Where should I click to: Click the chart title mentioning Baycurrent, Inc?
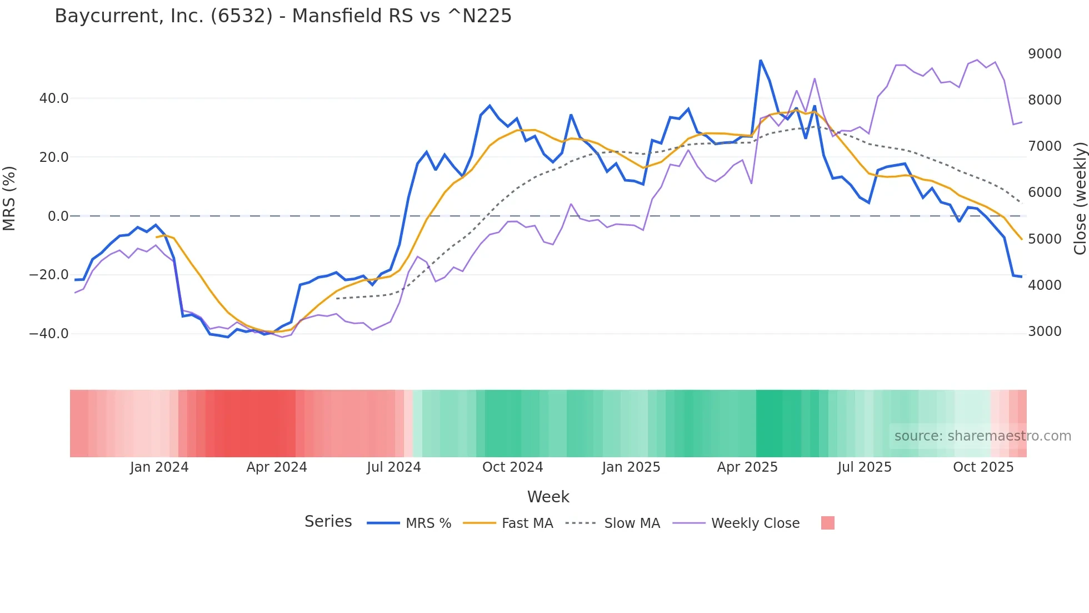click(x=283, y=16)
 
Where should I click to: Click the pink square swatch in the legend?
click(x=827, y=523)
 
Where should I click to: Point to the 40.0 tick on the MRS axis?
click(x=54, y=98)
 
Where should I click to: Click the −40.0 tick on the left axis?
click(x=49, y=334)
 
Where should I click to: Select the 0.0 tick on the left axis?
click(x=58, y=216)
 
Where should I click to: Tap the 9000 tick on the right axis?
click(x=1045, y=54)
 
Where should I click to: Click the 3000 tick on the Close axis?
click(x=1045, y=332)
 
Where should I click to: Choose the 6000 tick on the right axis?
click(x=1045, y=192)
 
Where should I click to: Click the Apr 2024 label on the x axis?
click(x=277, y=467)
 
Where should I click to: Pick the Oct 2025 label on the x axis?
click(x=983, y=467)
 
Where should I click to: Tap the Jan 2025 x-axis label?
click(x=631, y=467)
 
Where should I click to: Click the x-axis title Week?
click(x=548, y=497)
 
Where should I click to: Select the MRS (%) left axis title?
click(x=9, y=199)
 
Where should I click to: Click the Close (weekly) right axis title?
click(x=1080, y=199)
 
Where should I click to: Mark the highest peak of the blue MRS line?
click(x=761, y=61)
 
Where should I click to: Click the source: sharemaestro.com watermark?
click(x=982, y=436)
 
